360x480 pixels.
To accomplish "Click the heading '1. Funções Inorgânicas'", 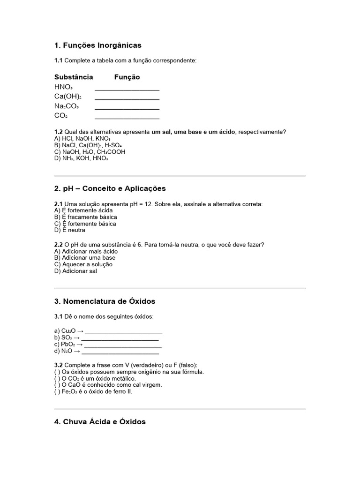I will pyautogui.click(x=97, y=45).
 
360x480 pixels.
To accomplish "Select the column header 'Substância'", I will pyautogui.click(x=74, y=77).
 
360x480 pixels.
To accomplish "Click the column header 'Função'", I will pyautogui.click(x=127, y=77).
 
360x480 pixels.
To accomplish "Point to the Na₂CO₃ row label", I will pyautogui.click(x=66, y=106).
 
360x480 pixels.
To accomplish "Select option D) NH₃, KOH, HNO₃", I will pyautogui.click(x=81, y=158).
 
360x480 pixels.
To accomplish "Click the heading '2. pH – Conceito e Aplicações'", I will pyautogui.click(x=110, y=188).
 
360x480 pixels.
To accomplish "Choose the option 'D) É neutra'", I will pyautogui.click(x=70, y=230).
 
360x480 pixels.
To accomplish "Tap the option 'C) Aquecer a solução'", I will pyautogui.click(x=83, y=264).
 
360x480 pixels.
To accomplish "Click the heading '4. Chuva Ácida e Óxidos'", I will pyautogui.click(x=100, y=422).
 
